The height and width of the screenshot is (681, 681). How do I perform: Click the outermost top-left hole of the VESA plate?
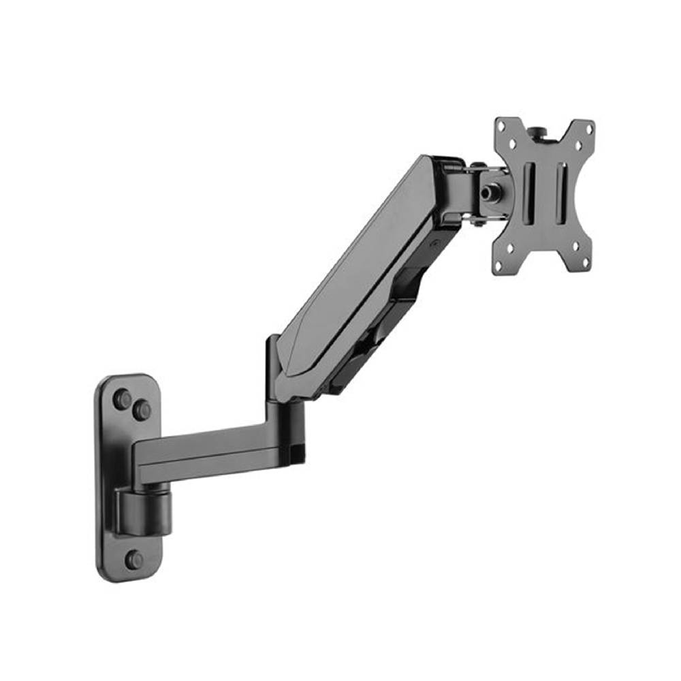click(x=503, y=127)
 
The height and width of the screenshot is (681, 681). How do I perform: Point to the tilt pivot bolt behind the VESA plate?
click(x=488, y=193)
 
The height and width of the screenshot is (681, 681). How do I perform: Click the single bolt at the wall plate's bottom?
click(x=134, y=560)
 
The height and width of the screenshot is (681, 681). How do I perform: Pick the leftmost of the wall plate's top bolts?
click(x=123, y=399)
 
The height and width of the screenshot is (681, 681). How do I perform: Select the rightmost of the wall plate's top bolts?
click(x=142, y=410)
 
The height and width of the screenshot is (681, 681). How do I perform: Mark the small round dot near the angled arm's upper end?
click(x=434, y=242)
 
